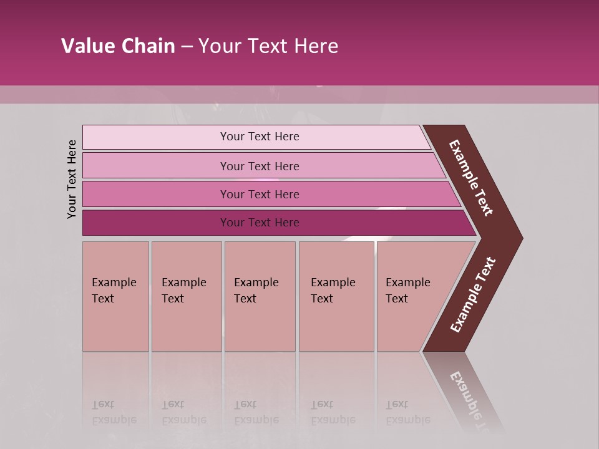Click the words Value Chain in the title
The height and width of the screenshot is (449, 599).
click(x=118, y=46)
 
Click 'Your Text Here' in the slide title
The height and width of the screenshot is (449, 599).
click(x=268, y=46)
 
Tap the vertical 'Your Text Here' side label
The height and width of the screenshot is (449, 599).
click(x=72, y=179)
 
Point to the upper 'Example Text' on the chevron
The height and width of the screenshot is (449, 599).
click(x=471, y=178)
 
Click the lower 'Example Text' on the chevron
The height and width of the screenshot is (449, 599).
click(x=473, y=295)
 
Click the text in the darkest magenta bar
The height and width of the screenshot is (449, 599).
click(x=260, y=223)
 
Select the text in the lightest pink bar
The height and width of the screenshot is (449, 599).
click(x=260, y=137)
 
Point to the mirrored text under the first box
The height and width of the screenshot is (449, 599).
click(x=114, y=412)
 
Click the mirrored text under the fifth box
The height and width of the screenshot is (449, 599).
click(x=407, y=412)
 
